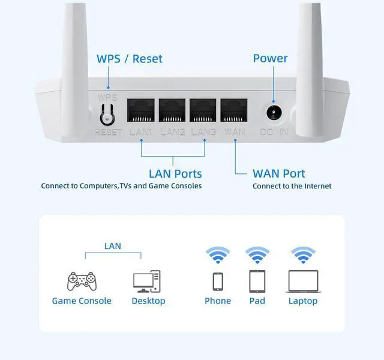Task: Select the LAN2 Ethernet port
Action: tap(172, 111)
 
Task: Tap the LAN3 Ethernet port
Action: tap(203, 111)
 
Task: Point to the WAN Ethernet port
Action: tap(234, 111)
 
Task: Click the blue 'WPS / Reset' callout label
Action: tap(130, 59)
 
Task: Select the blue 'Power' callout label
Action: tap(270, 58)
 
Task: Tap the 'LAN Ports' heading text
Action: tap(175, 174)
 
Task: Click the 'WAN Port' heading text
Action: tap(279, 174)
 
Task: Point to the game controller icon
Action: tap(81, 281)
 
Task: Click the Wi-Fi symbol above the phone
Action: tap(217, 255)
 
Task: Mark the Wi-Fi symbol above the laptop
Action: tap(303, 255)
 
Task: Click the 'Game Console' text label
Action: tap(82, 301)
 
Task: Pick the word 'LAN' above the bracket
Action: tap(113, 245)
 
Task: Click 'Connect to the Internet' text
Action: tap(292, 186)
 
